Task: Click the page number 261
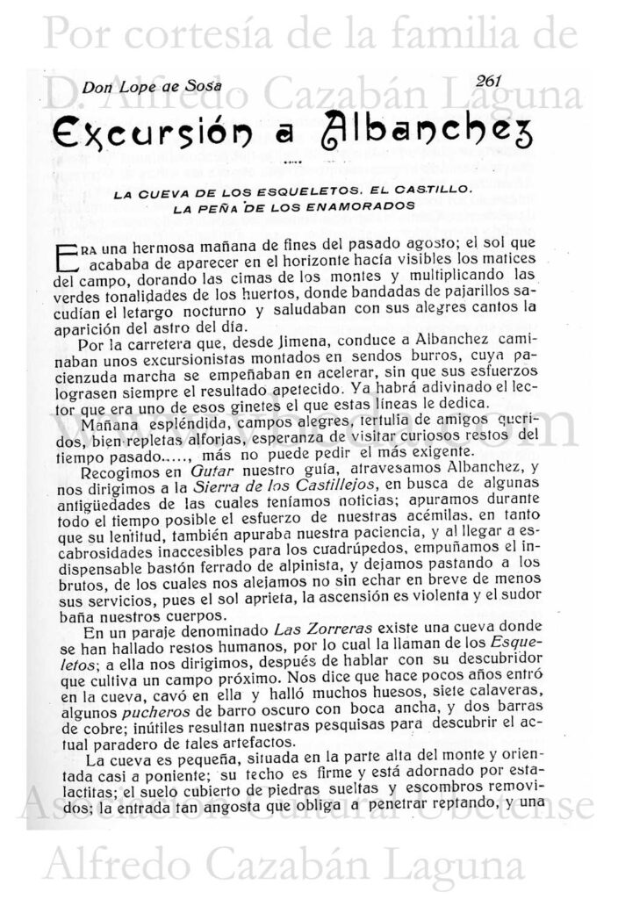coord(484,80)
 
